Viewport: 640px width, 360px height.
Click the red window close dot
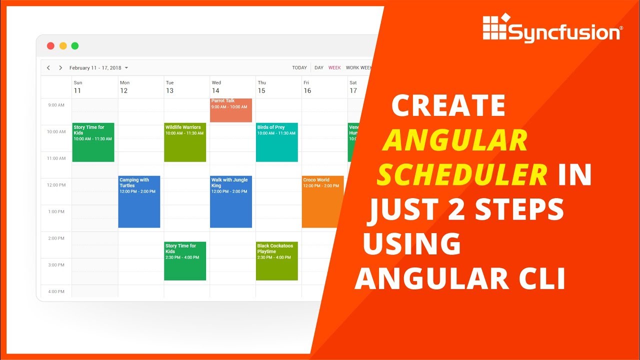point(50,46)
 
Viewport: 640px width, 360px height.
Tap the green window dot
point(75,46)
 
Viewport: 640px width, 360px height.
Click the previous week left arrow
point(48,68)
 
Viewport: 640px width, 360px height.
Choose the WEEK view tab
point(334,68)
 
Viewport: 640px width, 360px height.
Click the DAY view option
point(319,68)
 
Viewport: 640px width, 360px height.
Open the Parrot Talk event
point(230,110)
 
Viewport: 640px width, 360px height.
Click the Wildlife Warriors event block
point(185,142)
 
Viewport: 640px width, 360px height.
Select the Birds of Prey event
point(276,142)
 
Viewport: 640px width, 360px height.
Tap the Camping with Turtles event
point(139,201)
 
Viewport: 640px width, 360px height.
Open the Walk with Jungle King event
point(230,201)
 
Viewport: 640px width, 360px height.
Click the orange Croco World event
point(322,201)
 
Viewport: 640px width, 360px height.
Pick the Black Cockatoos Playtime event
point(276,261)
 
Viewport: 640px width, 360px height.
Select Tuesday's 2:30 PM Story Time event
point(185,261)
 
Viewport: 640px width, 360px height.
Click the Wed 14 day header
point(216,87)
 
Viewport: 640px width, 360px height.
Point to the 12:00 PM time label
point(56,185)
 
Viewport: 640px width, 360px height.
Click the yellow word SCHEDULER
point(462,175)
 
